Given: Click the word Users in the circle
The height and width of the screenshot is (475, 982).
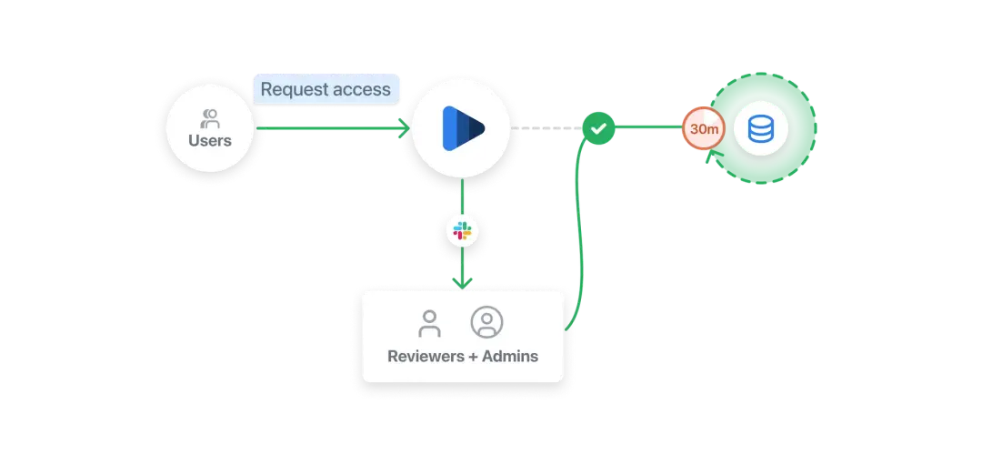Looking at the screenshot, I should click(210, 141).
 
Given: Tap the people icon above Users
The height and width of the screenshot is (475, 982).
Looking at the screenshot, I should click(210, 117).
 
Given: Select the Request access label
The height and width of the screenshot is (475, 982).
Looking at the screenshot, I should click(326, 89).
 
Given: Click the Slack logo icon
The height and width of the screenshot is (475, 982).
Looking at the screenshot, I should click(463, 232).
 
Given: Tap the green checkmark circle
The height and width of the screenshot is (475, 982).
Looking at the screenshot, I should click(598, 129).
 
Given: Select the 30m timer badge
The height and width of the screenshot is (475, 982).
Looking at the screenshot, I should click(705, 130).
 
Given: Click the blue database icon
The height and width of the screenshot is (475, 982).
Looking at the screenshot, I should click(761, 129).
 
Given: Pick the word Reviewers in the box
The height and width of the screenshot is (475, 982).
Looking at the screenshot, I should click(425, 356).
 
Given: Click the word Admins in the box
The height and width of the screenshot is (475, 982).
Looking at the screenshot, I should click(511, 356).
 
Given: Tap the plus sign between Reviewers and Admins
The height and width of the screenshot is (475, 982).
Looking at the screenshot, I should click(473, 356).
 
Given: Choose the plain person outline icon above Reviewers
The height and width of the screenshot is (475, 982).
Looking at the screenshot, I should click(429, 323).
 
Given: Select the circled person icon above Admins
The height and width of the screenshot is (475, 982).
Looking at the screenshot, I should click(486, 322).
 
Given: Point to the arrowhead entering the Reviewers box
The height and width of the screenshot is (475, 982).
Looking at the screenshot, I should click(463, 282).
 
